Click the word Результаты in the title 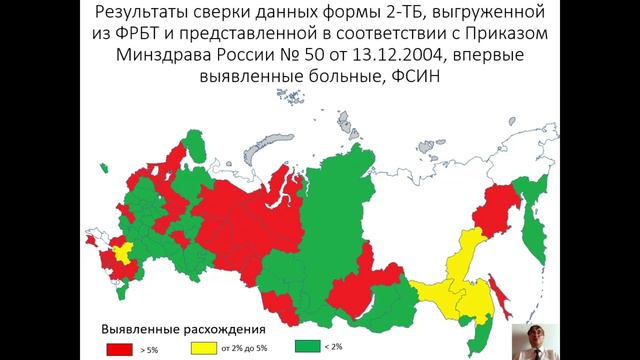pyautogui.click(x=147, y=15)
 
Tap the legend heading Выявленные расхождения pyautogui.click(x=182, y=327)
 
